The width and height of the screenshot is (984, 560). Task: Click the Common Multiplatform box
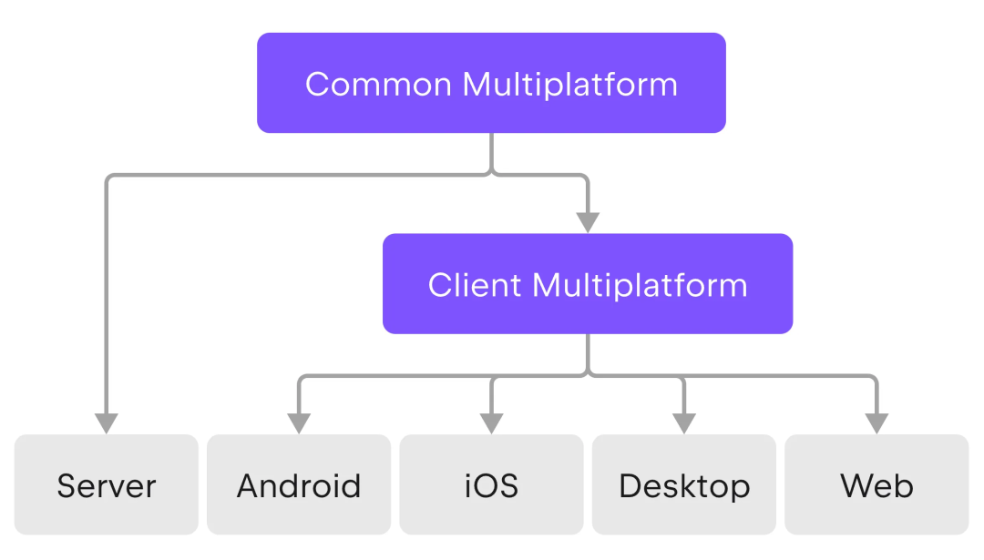point(491,83)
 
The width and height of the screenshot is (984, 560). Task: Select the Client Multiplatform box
point(588,283)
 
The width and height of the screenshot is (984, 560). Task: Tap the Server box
point(107,484)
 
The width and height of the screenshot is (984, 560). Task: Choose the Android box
point(299,484)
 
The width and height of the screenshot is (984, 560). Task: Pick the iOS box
point(491,484)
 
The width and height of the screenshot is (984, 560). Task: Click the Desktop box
point(684,484)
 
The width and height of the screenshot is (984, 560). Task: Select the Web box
point(876,484)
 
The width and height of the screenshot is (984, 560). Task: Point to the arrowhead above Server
point(107,423)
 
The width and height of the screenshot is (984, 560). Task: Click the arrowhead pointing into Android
point(299,423)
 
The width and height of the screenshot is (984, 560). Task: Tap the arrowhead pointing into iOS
point(491,423)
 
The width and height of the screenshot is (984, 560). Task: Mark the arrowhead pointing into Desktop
point(684,423)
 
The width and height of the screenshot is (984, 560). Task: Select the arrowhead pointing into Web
point(876,423)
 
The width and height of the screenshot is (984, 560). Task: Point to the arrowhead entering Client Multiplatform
point(588,222)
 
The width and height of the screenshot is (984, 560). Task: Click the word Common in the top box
point(378,84)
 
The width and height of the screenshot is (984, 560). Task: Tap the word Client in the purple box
point(475,285)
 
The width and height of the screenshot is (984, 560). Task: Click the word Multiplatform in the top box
point(569,85)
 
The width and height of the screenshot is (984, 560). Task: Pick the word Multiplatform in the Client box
point(641,285)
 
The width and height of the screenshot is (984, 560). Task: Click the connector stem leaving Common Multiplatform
point(491,153)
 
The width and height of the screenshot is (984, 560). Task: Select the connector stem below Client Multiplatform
point(588,353)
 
